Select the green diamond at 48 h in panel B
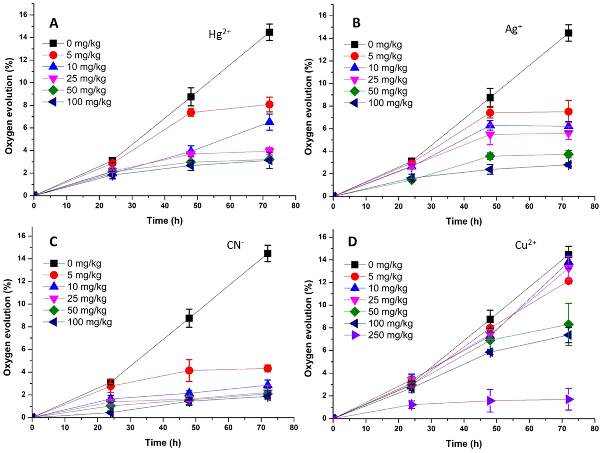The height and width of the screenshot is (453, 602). coord(490,156)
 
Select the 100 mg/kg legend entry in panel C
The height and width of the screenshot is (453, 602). coord(82,322)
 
